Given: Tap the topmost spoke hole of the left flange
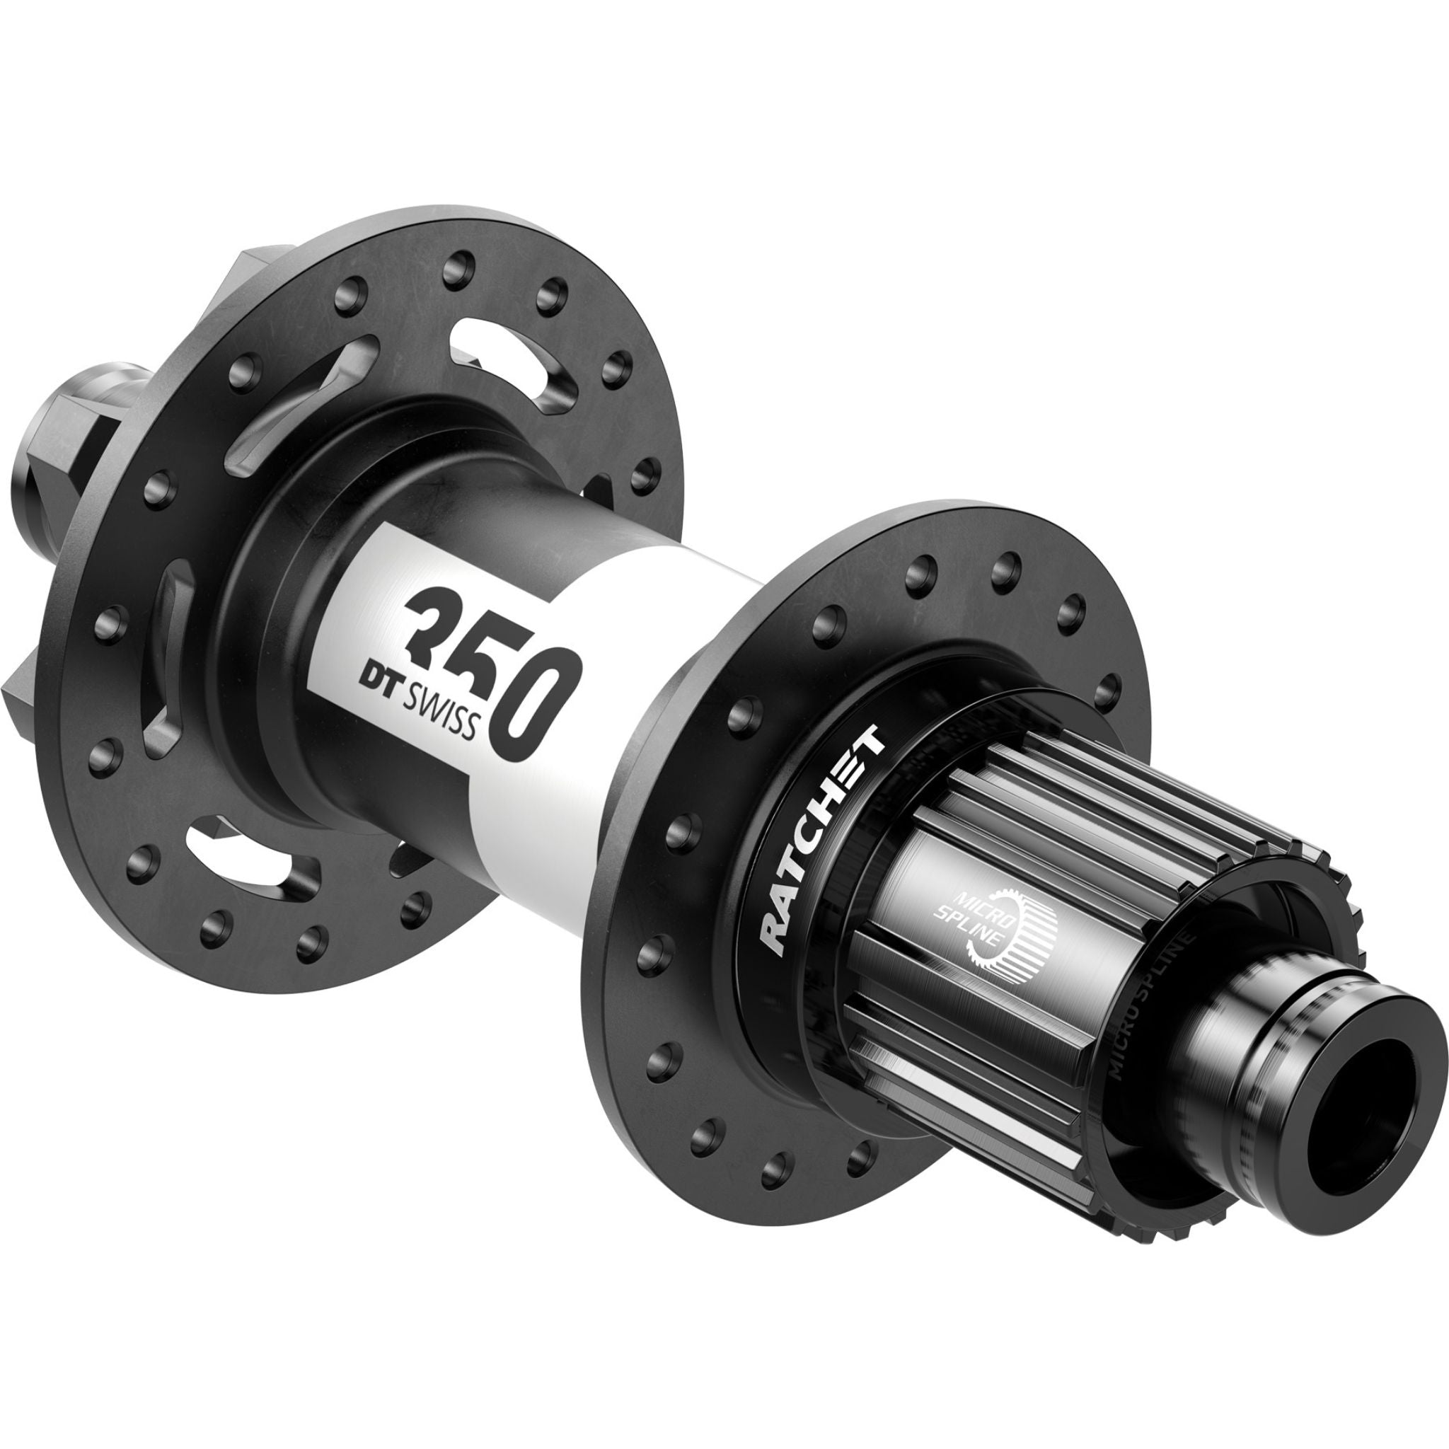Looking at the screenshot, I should pos(459,267).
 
